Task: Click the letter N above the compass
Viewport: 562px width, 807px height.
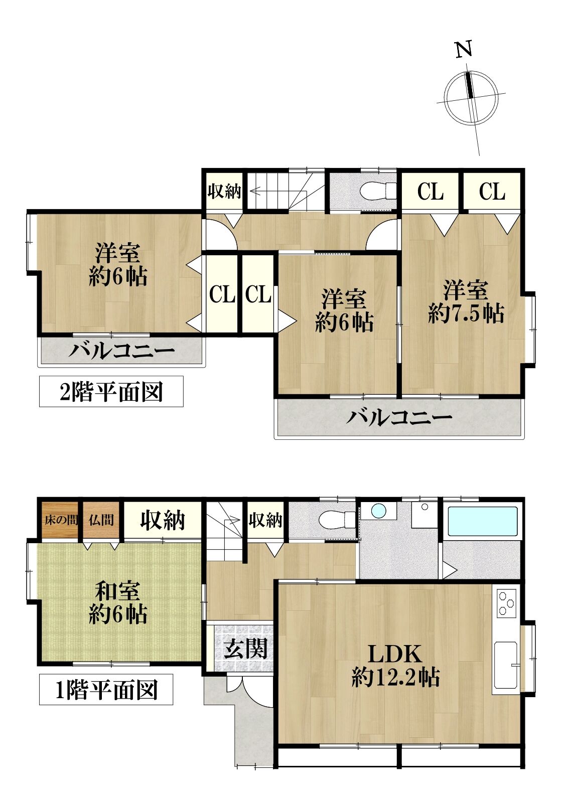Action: tap(464, 49)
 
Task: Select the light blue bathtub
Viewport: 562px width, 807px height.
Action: tap(483, 521)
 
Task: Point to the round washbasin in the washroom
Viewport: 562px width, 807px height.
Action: tap(379, 511)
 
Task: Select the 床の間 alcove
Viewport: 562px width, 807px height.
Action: tap(60, 520)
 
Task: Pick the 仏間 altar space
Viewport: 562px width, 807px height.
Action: tap(101, 520)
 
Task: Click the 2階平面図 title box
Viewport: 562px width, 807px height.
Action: tap(111, 391)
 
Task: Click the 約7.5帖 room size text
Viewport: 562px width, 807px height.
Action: tap(466, 313)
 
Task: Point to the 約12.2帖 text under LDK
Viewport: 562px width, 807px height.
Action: tap(395, 677)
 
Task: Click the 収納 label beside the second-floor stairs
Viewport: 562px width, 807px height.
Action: tap(224, 191)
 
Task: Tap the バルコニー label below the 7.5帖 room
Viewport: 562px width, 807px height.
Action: tap(399, 418)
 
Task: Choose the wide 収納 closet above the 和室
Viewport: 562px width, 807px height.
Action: tap(163, 520)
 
